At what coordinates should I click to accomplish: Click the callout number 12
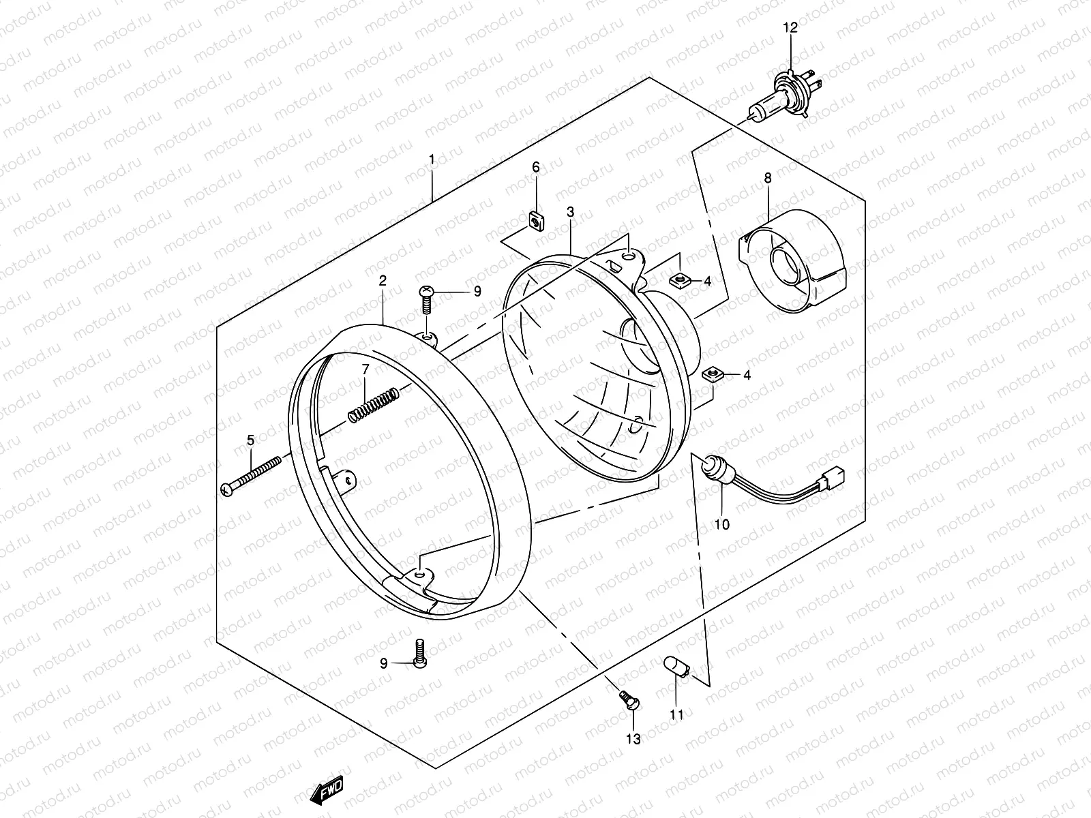click(791, 28)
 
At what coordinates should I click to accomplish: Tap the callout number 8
click(768, 178)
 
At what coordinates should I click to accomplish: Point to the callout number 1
click(432, 160)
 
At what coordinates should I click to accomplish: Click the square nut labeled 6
click(536, 221)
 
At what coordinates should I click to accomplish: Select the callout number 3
click(570, 212)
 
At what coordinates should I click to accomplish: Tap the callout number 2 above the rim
click(383, 280)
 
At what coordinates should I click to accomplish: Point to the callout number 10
click(722, 524)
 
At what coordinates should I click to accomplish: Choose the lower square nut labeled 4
click(712, 374)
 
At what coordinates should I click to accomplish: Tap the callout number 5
click(250, 440)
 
